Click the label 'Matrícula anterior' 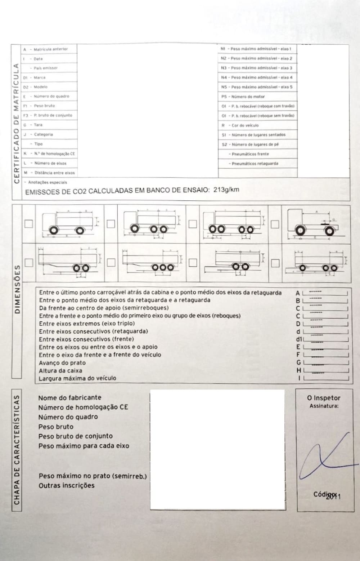pos(50,49)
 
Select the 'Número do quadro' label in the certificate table pos(51,96)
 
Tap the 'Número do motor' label pos(248,97)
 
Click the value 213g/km pos(226,190)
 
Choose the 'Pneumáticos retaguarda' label pos(255,164)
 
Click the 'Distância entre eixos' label pos(54,173)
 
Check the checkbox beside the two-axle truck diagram pos(28,224)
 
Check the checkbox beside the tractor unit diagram pos(275,224)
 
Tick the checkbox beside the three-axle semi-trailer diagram pos(111,262)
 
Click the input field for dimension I pos(326,378)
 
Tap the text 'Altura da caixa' pos(60,370)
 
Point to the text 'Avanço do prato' pos(62,363)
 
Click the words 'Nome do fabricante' pos(70,398)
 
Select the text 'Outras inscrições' pos(67,485)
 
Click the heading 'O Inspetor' pos(324,398)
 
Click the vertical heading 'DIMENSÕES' pos(17,290)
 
